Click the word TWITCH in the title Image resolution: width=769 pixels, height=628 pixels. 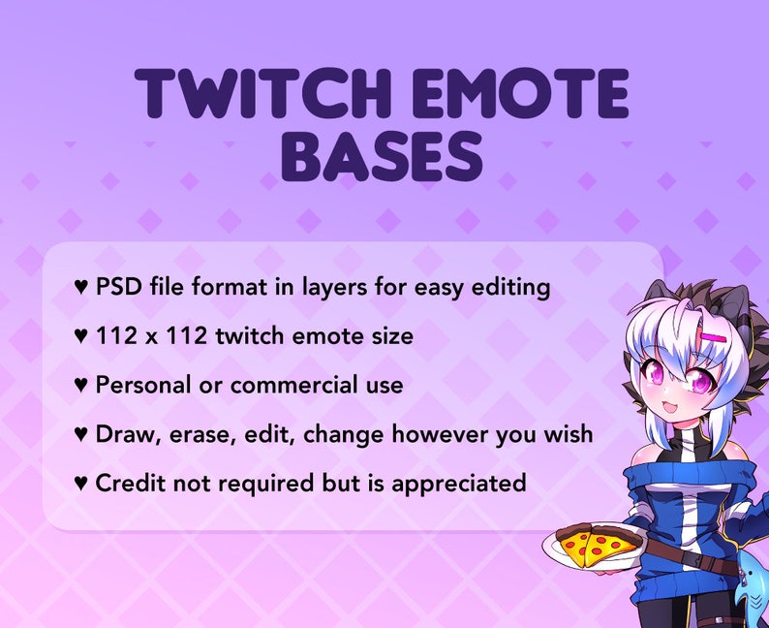pos(253,95)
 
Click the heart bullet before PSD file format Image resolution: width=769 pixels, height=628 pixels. pos(81,288)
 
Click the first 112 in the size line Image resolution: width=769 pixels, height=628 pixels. pos(115,336)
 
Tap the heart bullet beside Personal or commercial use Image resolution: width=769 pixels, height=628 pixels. pos(81,385)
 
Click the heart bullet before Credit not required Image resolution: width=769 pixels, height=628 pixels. pos(81,482)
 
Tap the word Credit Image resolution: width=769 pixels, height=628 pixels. pos(126,482)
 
